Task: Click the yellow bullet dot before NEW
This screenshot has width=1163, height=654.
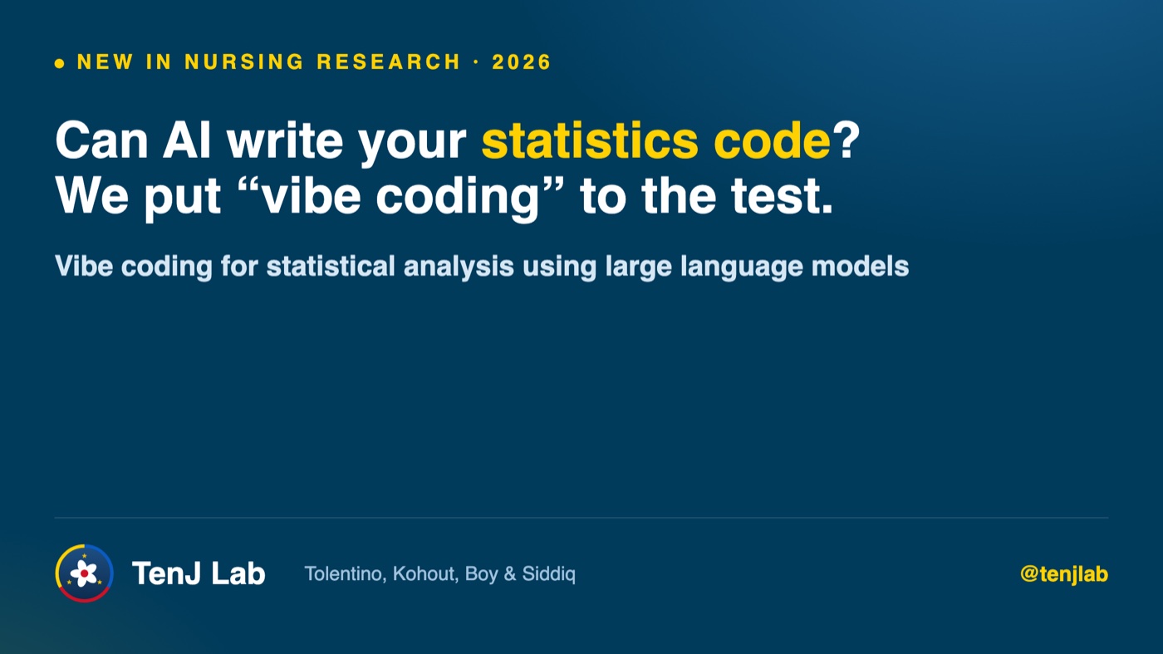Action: (60, 63)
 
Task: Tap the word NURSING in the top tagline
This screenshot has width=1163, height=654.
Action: (244, 61)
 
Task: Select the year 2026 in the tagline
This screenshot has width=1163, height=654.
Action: (522, 61)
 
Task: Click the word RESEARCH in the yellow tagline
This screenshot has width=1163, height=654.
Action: (389, 61)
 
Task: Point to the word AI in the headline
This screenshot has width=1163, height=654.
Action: (187, 140)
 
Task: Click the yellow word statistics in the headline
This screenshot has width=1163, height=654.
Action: (590, 140)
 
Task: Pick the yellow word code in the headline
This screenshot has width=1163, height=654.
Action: (773, 140)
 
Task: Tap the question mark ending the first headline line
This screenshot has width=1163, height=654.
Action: (846, 140)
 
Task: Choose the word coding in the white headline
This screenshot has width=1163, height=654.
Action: (458, 200)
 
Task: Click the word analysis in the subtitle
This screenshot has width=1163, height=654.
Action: (459, 267)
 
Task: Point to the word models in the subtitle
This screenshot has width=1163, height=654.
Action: (860, 266)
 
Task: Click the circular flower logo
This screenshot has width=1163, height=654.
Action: (84, 573)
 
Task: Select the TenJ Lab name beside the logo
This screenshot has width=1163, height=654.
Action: (199, 573)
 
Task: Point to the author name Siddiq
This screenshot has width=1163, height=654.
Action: (549, 574)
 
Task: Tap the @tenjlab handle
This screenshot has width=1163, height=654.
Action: (1064, 574)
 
